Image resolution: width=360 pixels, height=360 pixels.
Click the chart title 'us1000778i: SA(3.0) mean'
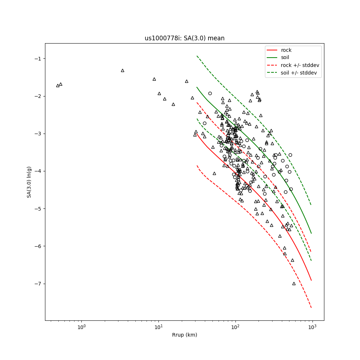[184, 38]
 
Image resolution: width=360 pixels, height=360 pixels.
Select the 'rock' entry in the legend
[286, 50]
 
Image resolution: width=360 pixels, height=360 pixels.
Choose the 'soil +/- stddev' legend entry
[298, 72]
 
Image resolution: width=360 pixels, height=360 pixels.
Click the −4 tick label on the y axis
[38, 171]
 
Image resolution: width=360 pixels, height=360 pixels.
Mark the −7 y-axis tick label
[38, 284]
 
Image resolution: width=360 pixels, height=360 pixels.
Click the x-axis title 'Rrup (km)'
[184, 335]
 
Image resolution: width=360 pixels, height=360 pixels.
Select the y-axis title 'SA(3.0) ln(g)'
[29, 182]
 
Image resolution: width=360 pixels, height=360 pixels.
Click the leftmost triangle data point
[58, 86]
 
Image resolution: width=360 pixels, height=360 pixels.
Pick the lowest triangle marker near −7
[294, 283]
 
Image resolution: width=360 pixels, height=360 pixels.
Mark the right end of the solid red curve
[311, 280]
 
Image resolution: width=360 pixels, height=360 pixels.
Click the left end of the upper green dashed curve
[197, 56]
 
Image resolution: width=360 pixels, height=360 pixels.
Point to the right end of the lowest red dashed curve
[311, 307]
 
